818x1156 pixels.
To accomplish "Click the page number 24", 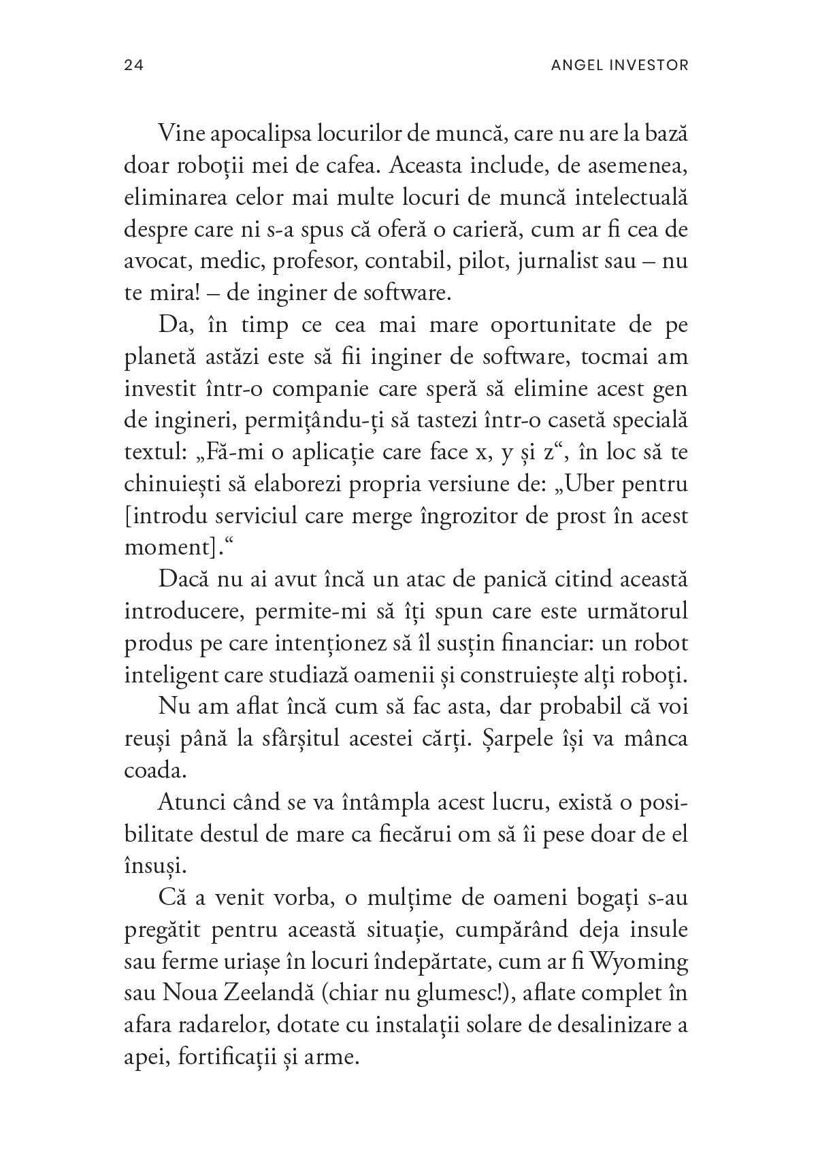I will click(133, 65).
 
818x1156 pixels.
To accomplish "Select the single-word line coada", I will click(148, 771).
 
